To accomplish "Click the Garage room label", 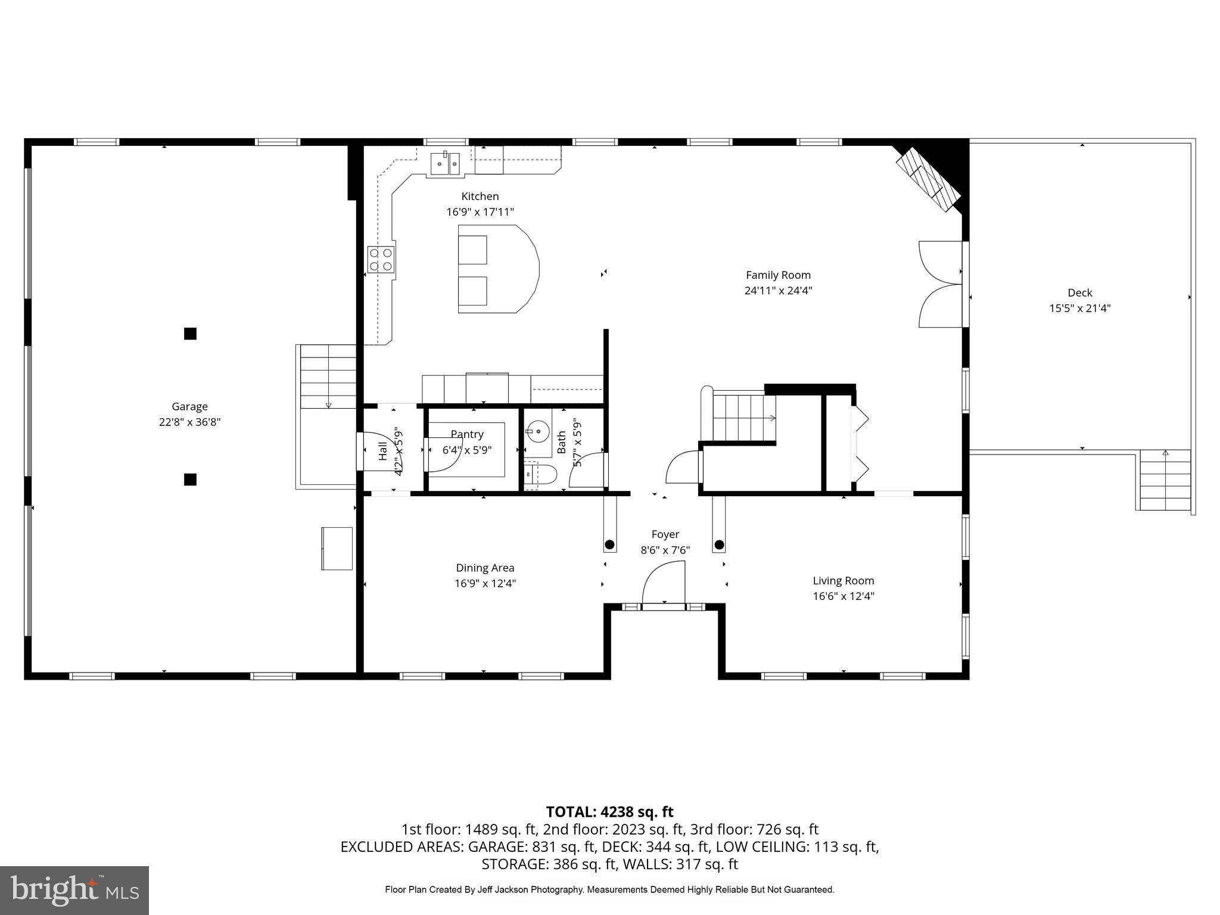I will tap(189, 406).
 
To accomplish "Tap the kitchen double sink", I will tap(446, 163).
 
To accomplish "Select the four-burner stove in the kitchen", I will tap(381, 259).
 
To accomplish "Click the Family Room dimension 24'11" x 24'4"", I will tap(778, 291).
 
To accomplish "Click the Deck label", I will tap(1079, 292).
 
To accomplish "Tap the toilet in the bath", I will tap(542, 475).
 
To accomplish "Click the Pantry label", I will tap(467, 434).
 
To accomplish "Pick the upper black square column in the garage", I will tap(190, 334).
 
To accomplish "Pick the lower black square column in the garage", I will tap(190, 479).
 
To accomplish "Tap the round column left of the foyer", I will tap(609, 544).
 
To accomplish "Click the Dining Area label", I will tap(485, 568).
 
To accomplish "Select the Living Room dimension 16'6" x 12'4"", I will tap(843, 596).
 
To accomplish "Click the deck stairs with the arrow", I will tap(1165, 480).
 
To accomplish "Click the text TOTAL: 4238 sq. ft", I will tap(609, 811).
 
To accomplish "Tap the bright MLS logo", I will tap(74, 890).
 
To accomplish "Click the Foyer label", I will tap(665, 534).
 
